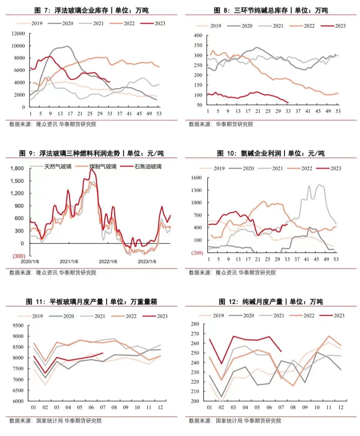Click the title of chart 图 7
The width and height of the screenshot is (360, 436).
pyautogui.click(x=91, y=10)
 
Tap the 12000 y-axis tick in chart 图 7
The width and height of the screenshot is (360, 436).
pyautogui.click(x=18, y=33)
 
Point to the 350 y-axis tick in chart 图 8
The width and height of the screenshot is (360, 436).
pyautogui.click(x=198, y=45)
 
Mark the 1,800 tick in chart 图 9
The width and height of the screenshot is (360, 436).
pyautogui.click(x=17, y=168)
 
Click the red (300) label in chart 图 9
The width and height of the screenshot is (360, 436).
pyautogui.click(x=19, y=256)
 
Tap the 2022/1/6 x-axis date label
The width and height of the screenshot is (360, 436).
pyautogui.click(x=108, y=262)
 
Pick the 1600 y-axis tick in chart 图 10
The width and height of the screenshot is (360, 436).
pyautogui.click(x=196, y=178)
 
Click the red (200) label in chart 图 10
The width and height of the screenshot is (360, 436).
pyautogui.click(x=197, y=253)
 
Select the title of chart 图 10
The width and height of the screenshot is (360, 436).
pyautogui.click(x=271, y=153)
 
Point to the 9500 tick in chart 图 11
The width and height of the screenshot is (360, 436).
pyautogui.click(x=18, y=326)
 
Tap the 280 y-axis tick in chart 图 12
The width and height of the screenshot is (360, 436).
pyautogui.click(x=195, y=324)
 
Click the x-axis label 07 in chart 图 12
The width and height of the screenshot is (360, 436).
pyautogui.click(x=281, y=407)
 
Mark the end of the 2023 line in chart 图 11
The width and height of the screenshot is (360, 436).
pyautogui.click(x=103, y=353)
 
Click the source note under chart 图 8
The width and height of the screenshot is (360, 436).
pyautogui.click(x=221, y=124)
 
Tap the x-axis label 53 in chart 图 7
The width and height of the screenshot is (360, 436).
pyautogui.click(x=159, y=113)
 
